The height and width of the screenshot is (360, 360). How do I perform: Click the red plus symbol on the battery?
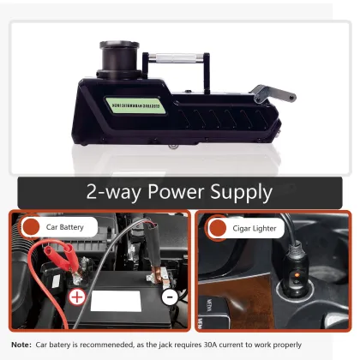tap(76, 298)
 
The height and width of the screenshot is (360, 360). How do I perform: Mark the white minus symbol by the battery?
tap(170, 297)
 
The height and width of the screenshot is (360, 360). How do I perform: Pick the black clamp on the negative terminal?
tap(153, 266)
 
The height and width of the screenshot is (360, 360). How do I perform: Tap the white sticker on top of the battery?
tap(121, 300)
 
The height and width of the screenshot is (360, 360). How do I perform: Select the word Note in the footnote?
tap(21, 345)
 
